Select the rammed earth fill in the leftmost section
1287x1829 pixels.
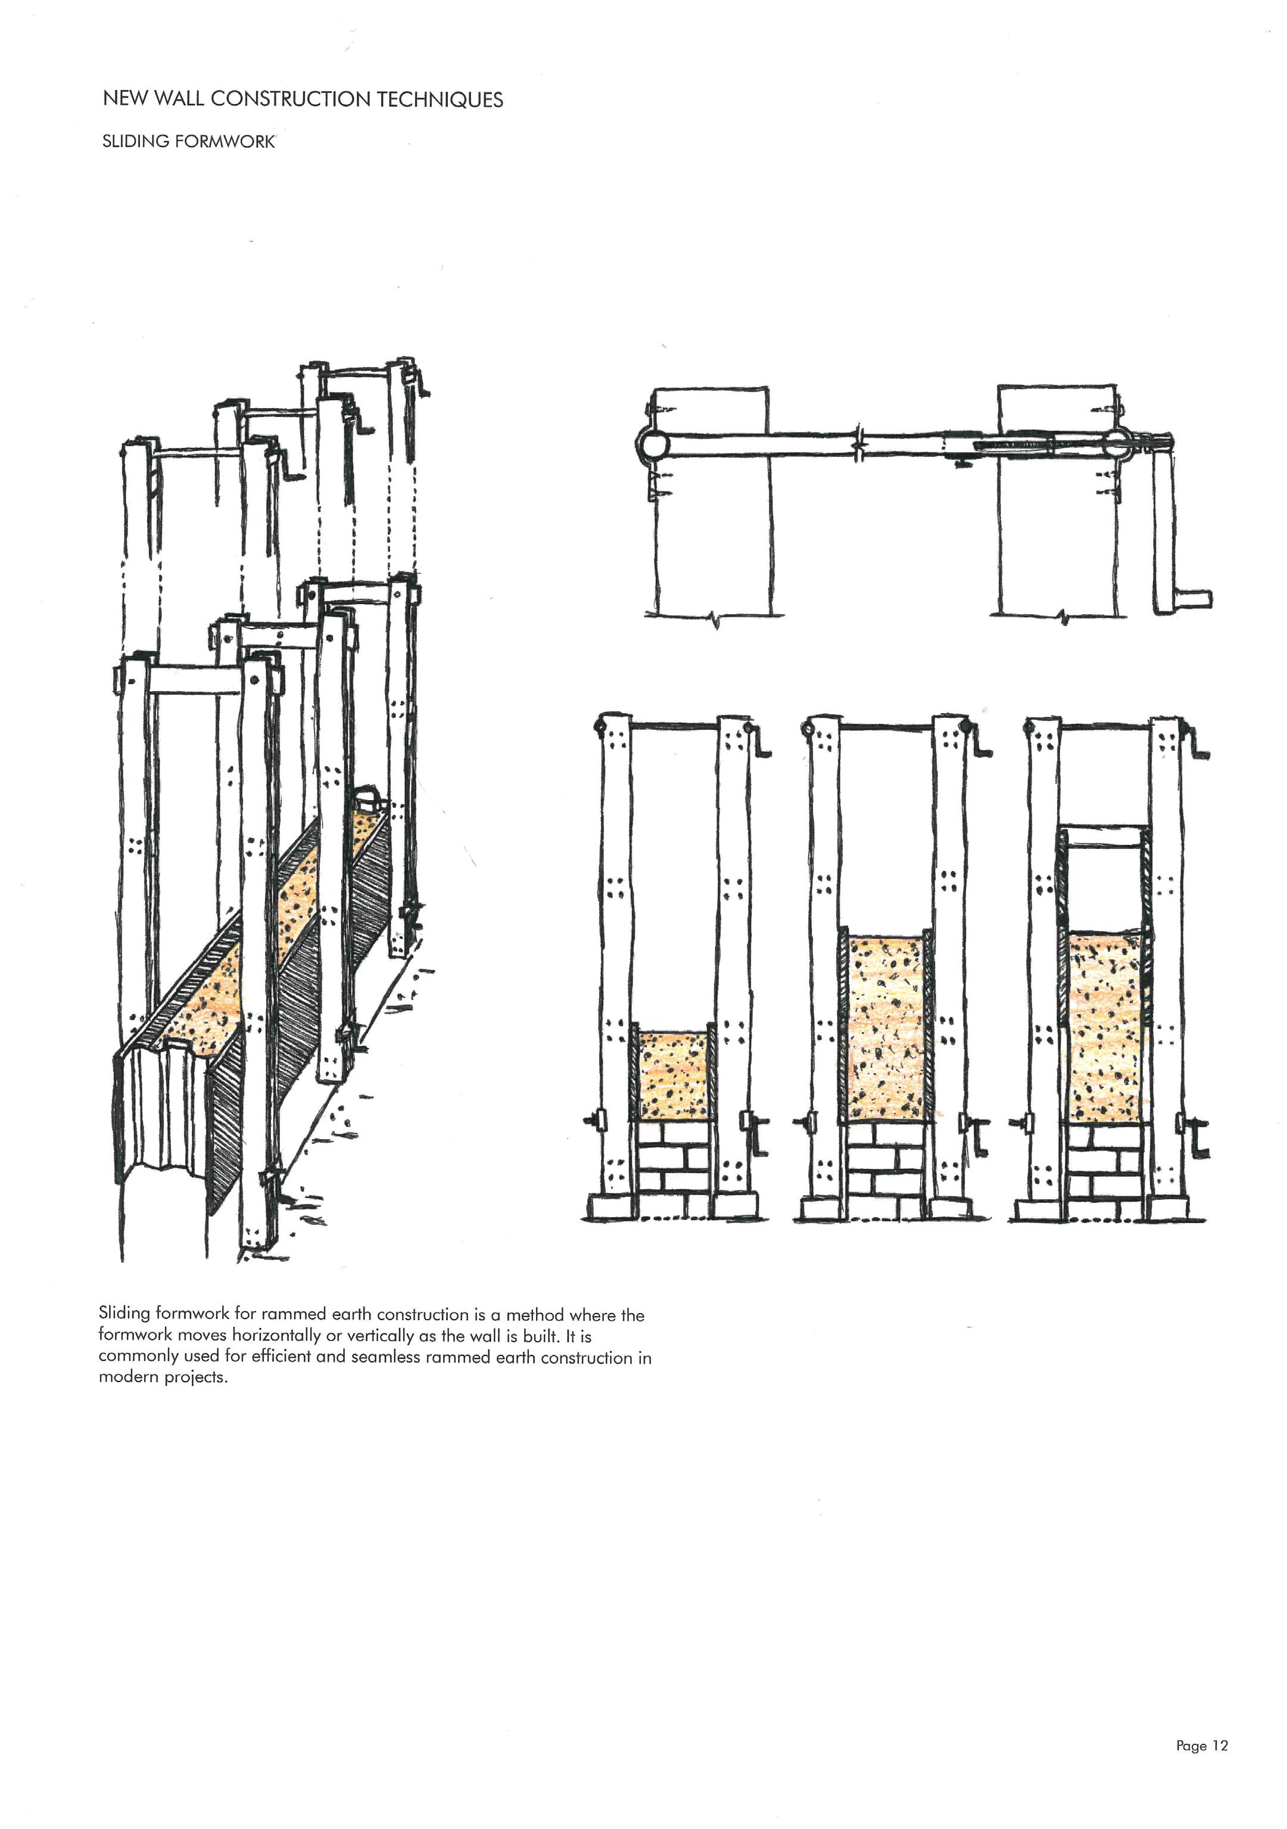click(673, 1076)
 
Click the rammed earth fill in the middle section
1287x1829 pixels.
click(886, 1028)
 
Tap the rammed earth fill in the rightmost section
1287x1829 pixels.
click(1105, 1028)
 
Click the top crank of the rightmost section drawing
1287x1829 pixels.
click(1196, 744)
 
